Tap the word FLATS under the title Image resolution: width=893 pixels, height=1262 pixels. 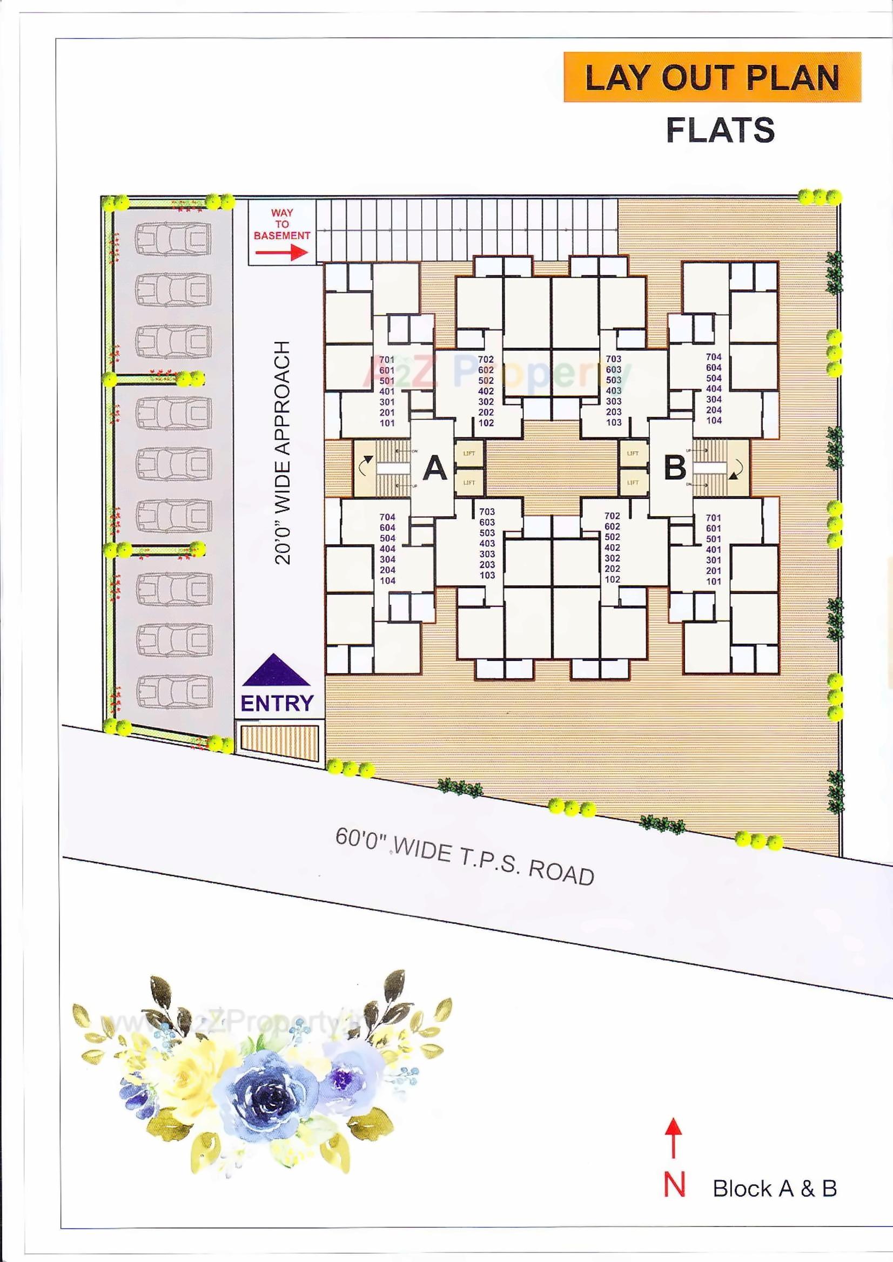point(720,130)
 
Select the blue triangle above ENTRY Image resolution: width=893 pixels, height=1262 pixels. point(277,670)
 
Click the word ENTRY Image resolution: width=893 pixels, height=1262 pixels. point(277,703)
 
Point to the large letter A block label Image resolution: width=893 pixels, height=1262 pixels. point(435,469)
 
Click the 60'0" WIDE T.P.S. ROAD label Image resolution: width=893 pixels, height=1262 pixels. point(465,856)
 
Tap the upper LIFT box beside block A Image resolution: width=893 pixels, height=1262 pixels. point(469,454)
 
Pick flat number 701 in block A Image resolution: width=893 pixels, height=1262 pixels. point(387,360)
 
